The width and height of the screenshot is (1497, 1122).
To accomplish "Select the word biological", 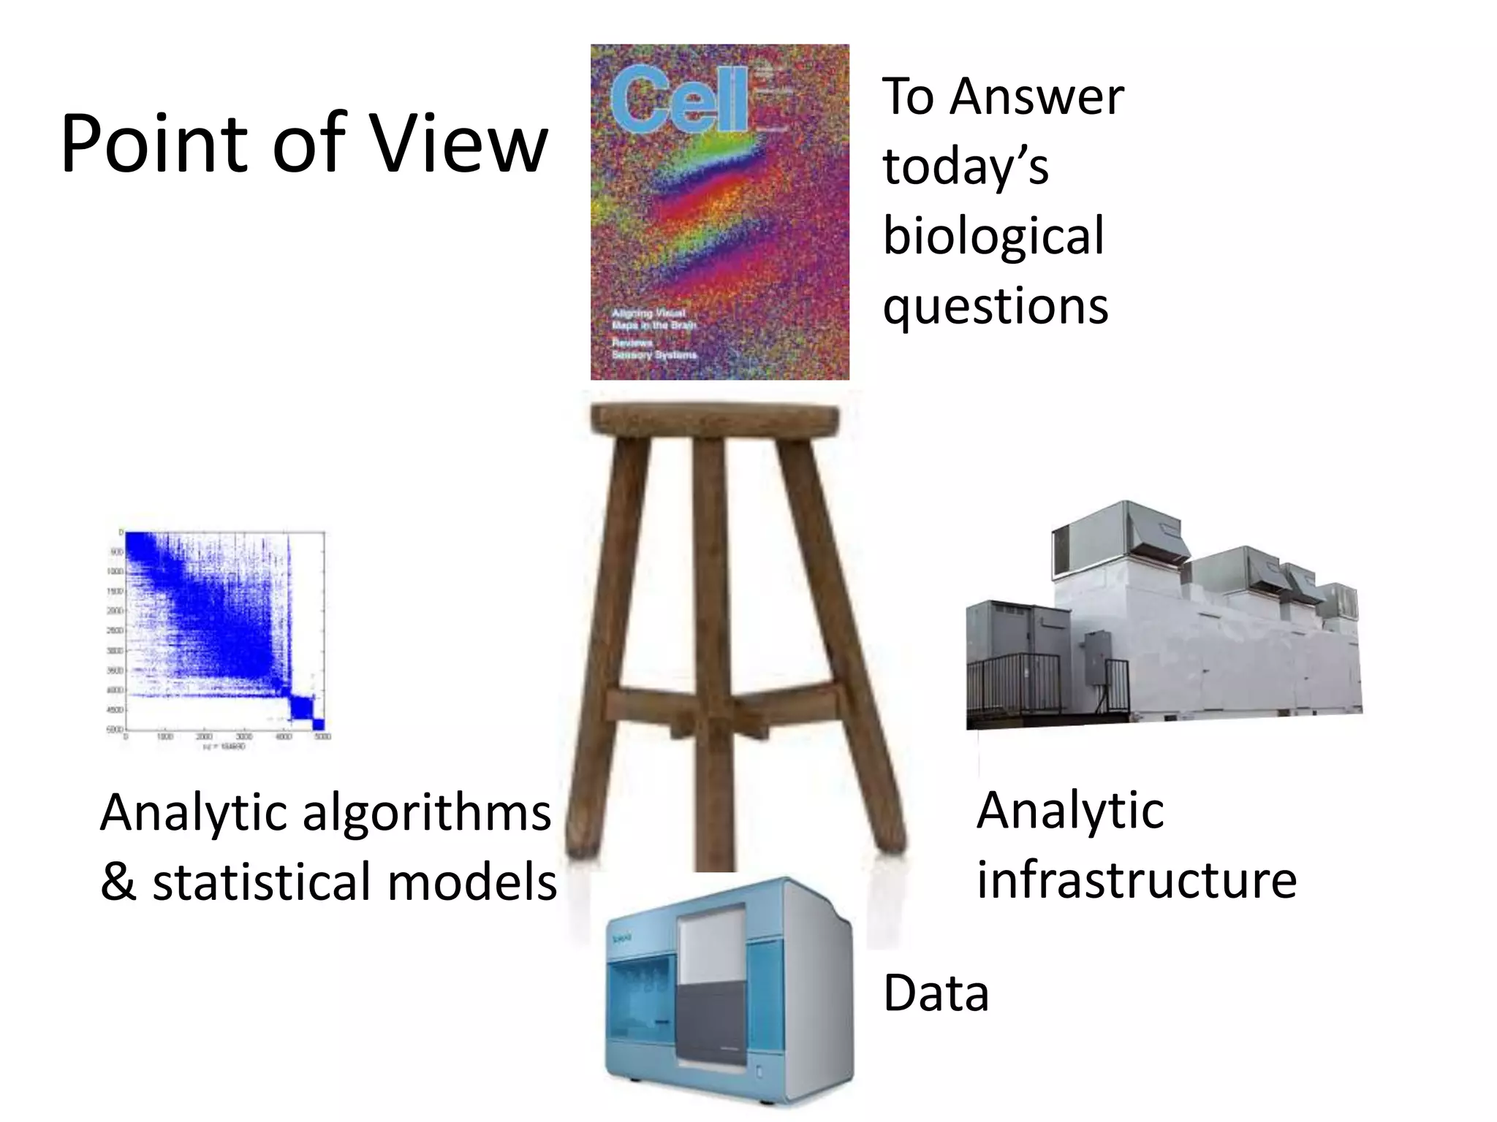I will point(993,237).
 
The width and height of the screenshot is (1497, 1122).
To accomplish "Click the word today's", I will point(966,167).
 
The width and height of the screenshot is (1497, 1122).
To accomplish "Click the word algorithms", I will point(427,812).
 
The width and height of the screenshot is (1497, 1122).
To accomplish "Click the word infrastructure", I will point(1137,879).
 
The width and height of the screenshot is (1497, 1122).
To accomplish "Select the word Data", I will point(936,993).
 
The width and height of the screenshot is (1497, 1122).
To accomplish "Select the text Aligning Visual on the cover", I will point(648,313).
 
